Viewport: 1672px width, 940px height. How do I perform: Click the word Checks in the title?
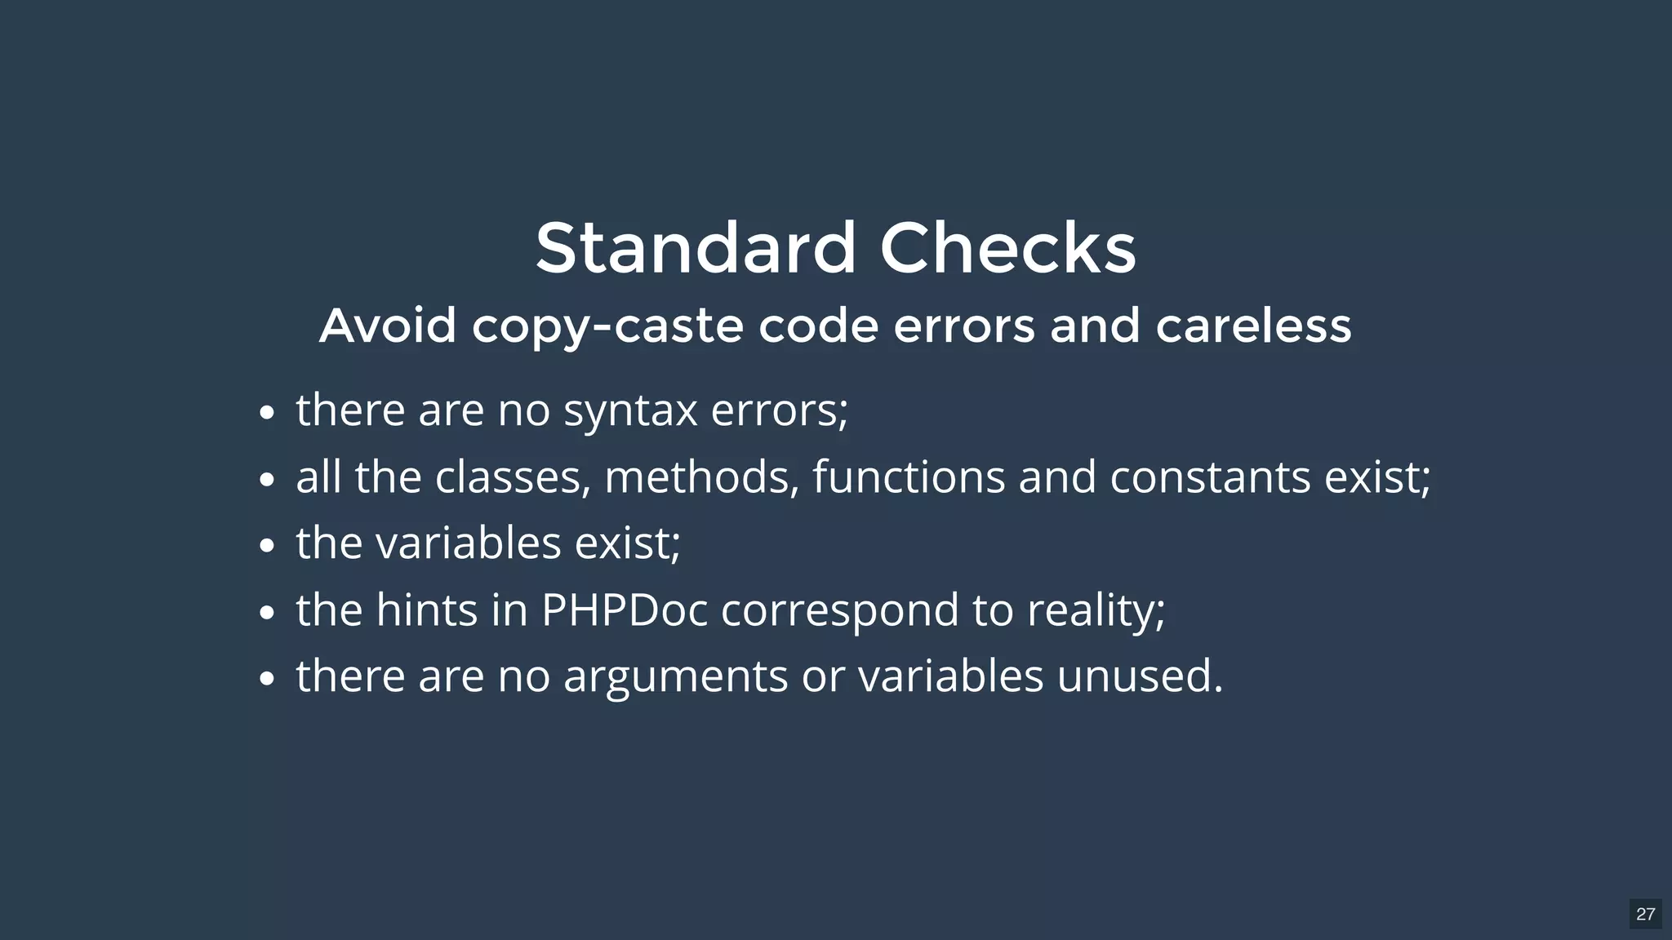(1007, 248)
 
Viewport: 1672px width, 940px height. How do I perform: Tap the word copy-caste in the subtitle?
(607, 326)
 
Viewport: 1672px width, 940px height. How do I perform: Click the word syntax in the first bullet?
(630, 410)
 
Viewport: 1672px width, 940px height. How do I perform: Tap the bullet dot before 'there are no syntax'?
(266, 413)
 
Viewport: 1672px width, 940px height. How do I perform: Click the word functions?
(909, 477)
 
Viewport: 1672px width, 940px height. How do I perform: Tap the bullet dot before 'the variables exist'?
(266, 546)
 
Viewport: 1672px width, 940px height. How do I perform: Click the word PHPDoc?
(624, 610)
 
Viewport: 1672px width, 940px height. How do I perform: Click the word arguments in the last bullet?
(675, 677)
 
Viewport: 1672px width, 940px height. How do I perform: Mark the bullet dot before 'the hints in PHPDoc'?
(266, 613)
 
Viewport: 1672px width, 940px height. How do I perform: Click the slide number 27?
(1645, 914)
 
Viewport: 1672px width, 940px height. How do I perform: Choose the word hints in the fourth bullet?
(426, 610)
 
